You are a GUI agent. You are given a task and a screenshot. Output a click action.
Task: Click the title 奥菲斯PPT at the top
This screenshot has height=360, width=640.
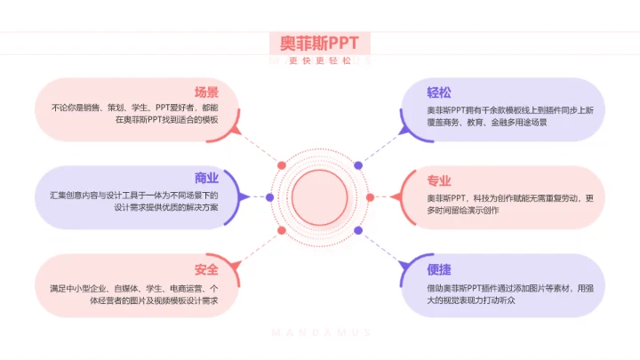coord(319,43)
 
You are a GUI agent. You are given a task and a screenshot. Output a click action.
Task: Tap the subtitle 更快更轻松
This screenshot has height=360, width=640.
coord(320,60)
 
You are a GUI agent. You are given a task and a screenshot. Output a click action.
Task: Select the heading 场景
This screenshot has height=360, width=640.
coord(206,92)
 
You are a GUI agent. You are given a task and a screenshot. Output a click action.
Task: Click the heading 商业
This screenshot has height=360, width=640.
coord(206,177)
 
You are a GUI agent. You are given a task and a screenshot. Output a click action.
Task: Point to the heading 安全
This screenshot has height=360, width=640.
coord(206,269)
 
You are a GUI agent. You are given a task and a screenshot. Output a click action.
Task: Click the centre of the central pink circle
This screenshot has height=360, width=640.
coord(319,196)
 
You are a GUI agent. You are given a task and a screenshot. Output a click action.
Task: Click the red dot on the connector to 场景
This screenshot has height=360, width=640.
coord(281,165)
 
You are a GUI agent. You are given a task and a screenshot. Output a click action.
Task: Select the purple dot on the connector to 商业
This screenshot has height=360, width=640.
coord(269,196)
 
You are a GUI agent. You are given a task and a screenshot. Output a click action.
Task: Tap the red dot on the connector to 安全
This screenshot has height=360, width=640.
coord(281,230)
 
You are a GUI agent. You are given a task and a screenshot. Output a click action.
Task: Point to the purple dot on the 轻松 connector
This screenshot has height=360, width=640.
coord(358,165)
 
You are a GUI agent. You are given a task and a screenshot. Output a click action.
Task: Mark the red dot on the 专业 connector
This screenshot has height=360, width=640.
coord(371,197)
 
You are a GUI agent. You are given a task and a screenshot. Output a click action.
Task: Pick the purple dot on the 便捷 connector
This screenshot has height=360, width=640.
coord(358,230)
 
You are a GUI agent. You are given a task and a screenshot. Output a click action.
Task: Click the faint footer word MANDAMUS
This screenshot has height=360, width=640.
coord(319,333)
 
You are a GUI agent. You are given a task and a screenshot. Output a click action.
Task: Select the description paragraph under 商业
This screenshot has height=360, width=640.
coord(134,200)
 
